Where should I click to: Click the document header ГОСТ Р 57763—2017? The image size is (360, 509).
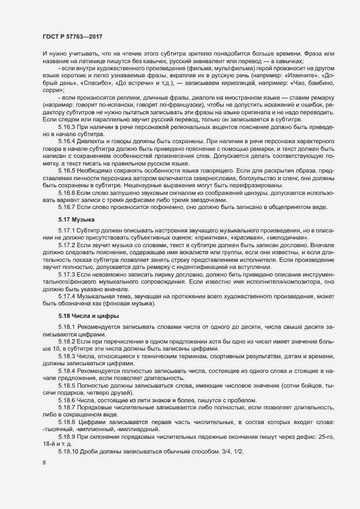point(72,36)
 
